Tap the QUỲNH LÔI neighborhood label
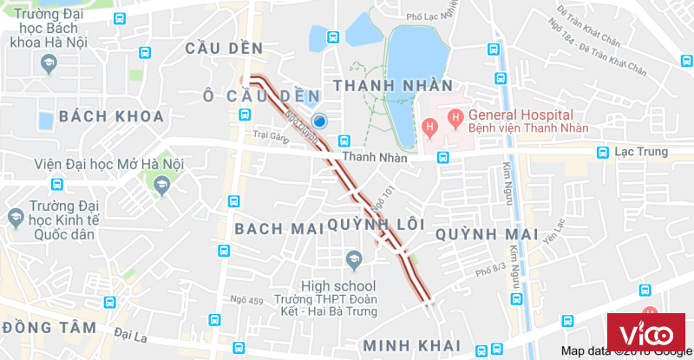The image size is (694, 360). click(x=376, y=225)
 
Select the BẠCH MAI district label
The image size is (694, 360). click(x=271, y=228)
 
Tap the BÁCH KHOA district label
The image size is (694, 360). click(x=111, y=116)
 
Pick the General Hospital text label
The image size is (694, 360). click(x=520, y=115)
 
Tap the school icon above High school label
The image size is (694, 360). click(x=353, y=259)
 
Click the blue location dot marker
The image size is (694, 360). click(x=320, y=121)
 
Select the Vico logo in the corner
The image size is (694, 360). click(x=645, y=333)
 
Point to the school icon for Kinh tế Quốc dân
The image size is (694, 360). click(x=15, y=217)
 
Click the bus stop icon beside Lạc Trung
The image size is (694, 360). click(x=601, y=153)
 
